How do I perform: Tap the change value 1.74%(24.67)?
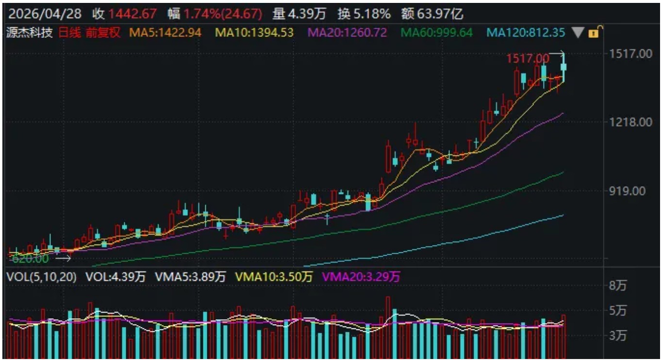pos(223,14)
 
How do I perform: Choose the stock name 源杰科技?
pos(29,33)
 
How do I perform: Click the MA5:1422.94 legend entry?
pos(165,33)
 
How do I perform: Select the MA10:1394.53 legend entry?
pos(254,33)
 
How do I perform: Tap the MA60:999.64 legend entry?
pos(436,33)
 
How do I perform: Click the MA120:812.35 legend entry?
pos(526,33)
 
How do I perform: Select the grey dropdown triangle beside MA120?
pos(578,33)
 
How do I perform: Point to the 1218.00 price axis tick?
pos(631,122)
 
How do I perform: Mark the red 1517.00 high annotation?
pos(528,59)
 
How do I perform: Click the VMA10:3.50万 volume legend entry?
pos(274,277)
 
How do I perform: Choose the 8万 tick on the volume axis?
pos(618,286)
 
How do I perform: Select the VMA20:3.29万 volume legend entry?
pos(361,277)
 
